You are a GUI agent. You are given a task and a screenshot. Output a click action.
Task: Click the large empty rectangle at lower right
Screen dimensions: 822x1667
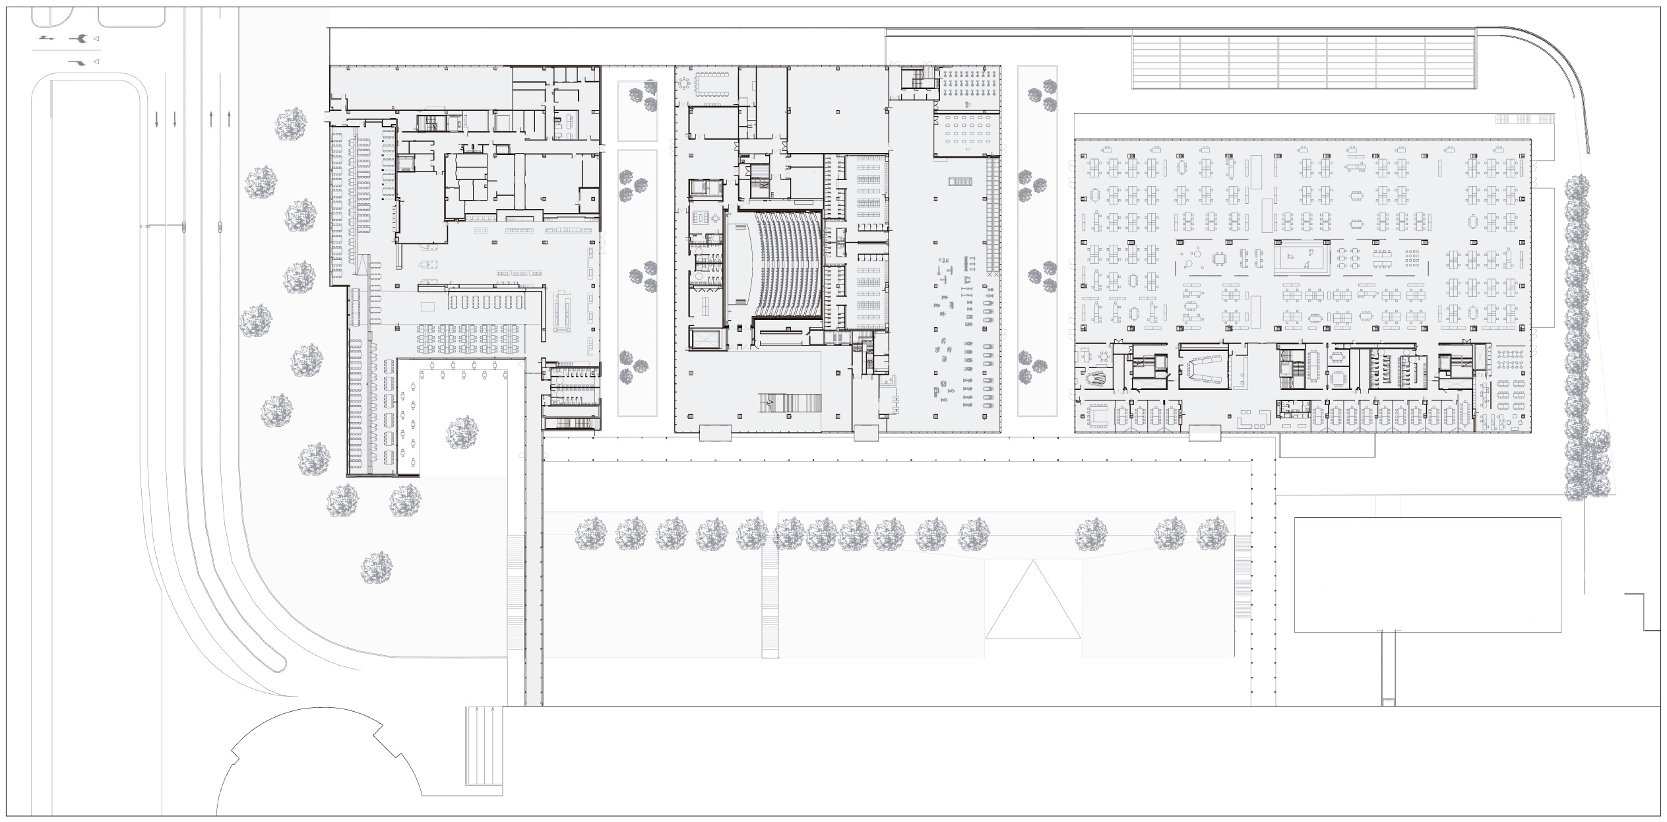pyautogui.click(x=1428, y=575)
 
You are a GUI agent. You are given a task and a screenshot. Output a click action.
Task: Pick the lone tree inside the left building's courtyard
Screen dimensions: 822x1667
pyautogui.click(x=462, y=433)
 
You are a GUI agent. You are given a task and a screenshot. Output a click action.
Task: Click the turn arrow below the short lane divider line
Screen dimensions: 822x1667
pyautogui.click(x=78, y=63)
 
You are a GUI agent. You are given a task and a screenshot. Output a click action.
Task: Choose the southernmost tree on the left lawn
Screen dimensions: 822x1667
pyautogui.click(x=377, y=568)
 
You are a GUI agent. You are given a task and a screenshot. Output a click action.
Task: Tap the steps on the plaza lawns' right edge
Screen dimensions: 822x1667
pyautogui.click(x=1242, y=577)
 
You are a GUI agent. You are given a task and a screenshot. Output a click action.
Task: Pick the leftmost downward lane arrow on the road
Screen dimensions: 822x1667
pyautogui.click(x=156, y=119)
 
